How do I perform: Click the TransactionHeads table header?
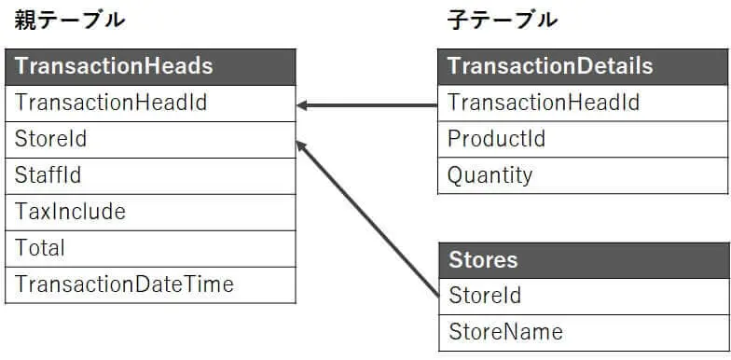[x=114, y=66]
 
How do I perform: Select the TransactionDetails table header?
[x=550, y=66]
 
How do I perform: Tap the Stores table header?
[x=483, y=259]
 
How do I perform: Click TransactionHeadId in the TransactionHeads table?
[x=111, y=103]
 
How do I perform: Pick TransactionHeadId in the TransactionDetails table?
[x=544, y=103]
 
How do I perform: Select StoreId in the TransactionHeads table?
[x=51, y=139]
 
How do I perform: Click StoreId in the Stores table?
[x=484, y=296]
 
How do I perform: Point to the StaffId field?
[x=48, y=175]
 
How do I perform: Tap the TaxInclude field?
[x=70, y=212]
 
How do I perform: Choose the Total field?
[x=40, y=248]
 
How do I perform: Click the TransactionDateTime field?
[x=124, y=284]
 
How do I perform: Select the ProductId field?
[x=496, y=139]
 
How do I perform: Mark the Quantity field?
[x=490, y=175]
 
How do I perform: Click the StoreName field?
[x=505, y=331]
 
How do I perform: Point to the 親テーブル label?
[x=69, y=20]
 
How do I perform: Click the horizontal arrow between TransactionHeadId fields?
[x=373, y=104]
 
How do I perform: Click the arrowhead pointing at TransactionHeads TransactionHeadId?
[x=303, y=104]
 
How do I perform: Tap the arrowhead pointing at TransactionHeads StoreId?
[x=301, y=145]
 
